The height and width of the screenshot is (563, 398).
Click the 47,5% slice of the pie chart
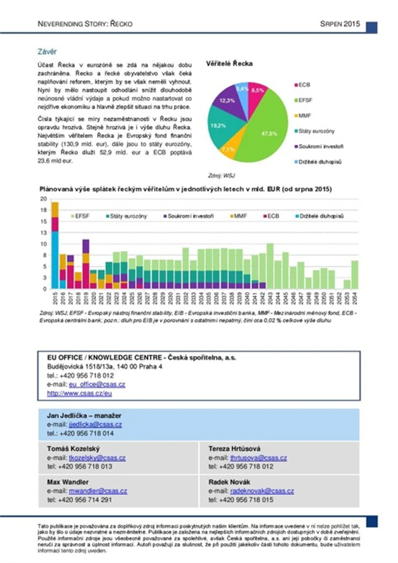(x=264, y=127)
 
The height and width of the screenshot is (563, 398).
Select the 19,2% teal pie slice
(x=218, y=126)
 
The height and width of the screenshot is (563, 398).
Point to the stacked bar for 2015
(x=55, y=245)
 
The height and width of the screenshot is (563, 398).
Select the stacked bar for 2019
(x=86, y=264)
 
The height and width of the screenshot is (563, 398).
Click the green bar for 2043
(x=269, y=266)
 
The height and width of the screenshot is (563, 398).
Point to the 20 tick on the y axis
(x=44, y=199)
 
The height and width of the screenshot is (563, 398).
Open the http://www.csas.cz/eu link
(x=79, y=393)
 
